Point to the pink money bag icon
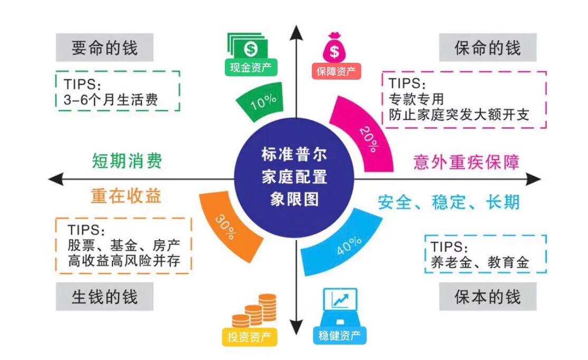tap(334, 49)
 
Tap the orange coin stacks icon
tap(254, 311)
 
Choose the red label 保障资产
tap(336, 71)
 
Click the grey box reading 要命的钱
tap(105, 48)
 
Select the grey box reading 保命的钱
tap(488, 48)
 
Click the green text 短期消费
tap(127, 160)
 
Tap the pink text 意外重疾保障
tap(466, 162)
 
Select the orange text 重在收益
tap(126, 197)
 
